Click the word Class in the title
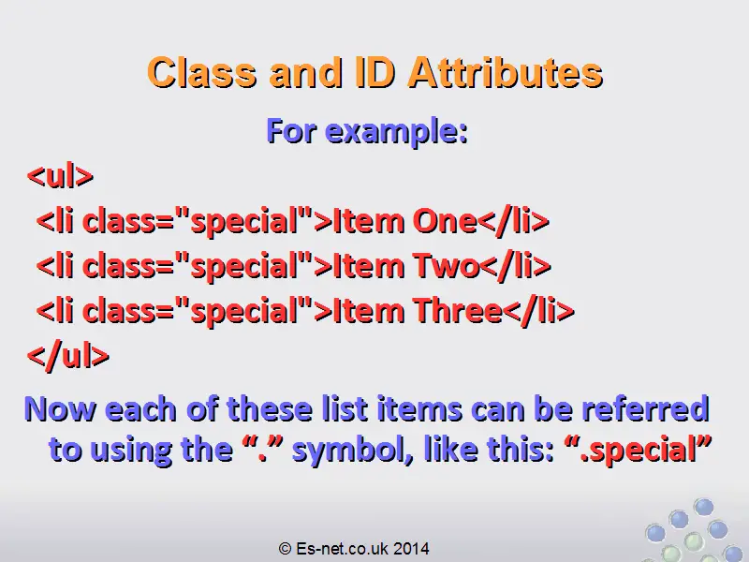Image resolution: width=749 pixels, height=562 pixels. click(x=202, y=73)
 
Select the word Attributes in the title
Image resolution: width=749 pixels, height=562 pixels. click(x=506, y=73)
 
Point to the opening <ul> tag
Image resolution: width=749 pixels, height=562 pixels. click(x=60, y=176)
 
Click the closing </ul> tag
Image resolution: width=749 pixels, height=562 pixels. click(x=68, y=355)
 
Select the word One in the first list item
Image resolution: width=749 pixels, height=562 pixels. click(x=445, y=221)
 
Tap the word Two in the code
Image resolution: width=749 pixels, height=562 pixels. click(x=447, y=266)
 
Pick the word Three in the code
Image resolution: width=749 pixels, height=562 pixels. click(x=458, y=311)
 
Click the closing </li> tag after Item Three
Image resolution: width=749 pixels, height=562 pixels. click(x=539, y=311)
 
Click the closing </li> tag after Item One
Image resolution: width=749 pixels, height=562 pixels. click(x=513, y=221)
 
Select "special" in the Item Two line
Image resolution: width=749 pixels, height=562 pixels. click(x=243, y=266)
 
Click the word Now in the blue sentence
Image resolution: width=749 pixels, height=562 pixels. click(x=60, y=409)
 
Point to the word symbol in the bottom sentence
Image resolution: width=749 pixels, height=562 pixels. click(x=353, y=450)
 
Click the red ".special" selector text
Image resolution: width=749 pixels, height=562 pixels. click(x=638, y=450)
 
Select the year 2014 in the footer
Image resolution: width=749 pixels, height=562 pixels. click(x=411, y=548)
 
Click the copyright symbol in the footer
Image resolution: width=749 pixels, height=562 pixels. click(x=286, y=548)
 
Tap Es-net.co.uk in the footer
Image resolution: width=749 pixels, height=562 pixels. click(x=342, y=548)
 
